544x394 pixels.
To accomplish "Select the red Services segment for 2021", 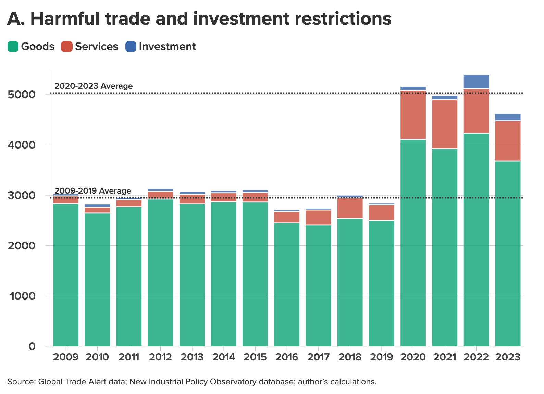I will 445,124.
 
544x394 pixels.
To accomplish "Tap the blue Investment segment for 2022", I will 476,82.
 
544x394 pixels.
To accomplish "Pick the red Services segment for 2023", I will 508,141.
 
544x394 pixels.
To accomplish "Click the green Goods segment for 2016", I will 287,284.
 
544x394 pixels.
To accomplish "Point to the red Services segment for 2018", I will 350,208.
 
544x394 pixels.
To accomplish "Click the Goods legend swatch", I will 13,47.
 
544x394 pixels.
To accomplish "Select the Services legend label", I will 96,47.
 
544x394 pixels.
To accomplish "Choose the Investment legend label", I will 167,47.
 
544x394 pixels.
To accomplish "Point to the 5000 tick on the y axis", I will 21,95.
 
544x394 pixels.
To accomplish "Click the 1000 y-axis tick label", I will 23,296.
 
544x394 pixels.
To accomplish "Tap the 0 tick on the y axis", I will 32,346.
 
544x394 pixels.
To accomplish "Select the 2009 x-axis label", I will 66,357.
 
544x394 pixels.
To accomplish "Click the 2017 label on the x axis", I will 318,357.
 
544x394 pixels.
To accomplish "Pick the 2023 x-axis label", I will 508,357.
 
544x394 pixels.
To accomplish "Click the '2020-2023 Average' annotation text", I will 94,86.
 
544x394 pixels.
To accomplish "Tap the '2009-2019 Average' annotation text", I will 92,191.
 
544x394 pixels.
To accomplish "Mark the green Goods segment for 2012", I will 160,272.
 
